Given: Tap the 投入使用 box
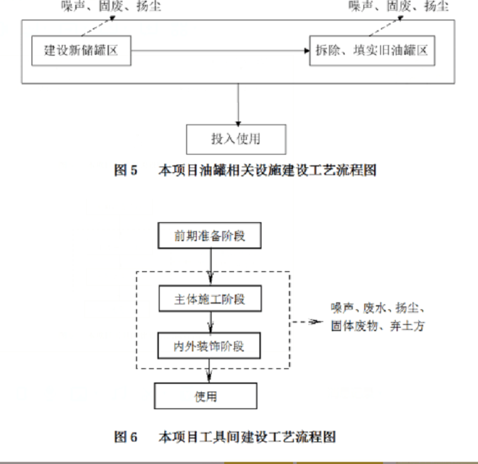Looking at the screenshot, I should click(x=235, y=138).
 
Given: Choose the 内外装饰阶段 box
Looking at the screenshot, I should click(x=209, y=347).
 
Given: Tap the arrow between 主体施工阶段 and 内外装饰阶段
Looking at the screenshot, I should click(x=209, y=323).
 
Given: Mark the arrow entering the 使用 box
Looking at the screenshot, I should click(x=209, y=372).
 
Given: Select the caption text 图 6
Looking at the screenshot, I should click(x=127, y=437).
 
